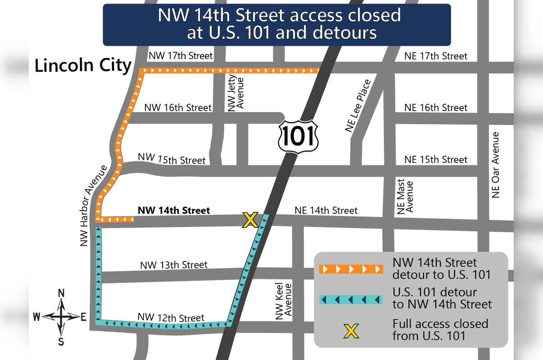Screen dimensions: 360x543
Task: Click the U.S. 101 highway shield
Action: [x=298, y=135]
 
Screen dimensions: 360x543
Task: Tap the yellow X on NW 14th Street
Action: [x=250, y=220]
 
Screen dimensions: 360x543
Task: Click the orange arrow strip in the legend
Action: [x=351, y=269]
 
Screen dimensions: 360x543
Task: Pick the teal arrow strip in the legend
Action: [x=351, y=299]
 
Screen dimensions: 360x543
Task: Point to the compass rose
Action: [x=62, y=317]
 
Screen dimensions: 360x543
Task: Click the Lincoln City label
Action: [x=83, y=66]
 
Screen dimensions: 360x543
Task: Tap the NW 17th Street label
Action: [x=180, y=56]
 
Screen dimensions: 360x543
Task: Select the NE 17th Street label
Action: [x=436, y=56]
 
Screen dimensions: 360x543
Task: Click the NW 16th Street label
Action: [x=177, y=108]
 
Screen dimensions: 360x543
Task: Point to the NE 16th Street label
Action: [x=436, y=108]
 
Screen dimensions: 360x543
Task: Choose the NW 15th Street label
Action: [x=172, y=158]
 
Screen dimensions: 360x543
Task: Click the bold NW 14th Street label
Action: [x=174, y=210]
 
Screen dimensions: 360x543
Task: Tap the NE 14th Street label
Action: [x=326, y=210]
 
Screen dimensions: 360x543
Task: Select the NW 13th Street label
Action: [x=174, y=265]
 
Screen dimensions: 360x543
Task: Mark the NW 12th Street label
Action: [x=172, y=317]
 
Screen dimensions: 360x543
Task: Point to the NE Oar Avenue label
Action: [x=496, y=165]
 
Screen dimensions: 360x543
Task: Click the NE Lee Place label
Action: [x=358, y=106]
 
